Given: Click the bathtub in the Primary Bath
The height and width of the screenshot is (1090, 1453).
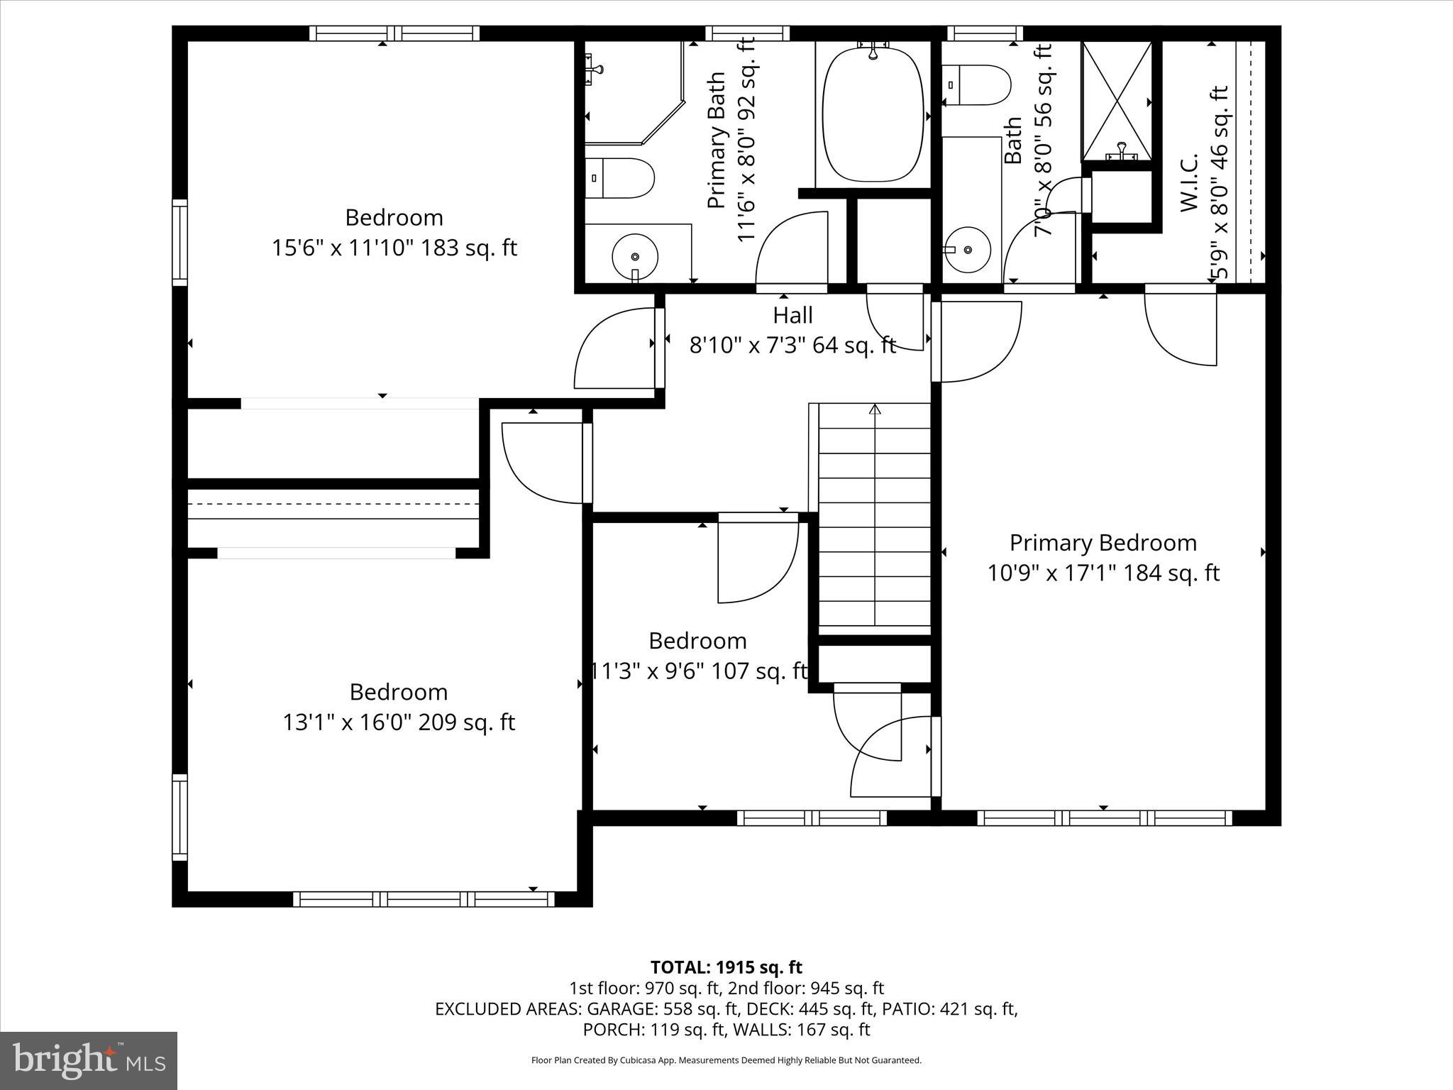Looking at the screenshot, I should point(873,114).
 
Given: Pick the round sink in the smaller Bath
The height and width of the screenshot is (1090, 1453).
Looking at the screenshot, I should point(968,249).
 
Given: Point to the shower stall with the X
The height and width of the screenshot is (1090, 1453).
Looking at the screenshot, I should point(1117,101).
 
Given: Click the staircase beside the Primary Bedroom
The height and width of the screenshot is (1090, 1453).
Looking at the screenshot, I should point(874,518).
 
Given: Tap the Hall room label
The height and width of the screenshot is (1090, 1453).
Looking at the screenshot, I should point(792,315).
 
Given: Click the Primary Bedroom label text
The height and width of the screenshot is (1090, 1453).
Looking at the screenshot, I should point(1103,543).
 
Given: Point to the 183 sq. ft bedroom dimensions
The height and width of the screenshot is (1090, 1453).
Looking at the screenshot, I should point(394,248).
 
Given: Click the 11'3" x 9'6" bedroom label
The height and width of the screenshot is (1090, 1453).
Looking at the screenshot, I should point(699,671).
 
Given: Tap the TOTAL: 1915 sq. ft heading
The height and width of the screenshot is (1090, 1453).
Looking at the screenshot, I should point(726,967).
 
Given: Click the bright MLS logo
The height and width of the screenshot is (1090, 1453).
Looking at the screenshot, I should point(89,1060).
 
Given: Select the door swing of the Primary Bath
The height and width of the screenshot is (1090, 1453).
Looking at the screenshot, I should point(791,248).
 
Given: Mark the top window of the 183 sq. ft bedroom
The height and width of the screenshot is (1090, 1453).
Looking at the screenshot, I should point(394,33).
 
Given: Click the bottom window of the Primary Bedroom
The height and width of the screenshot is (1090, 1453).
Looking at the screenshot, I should point(1104,817).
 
